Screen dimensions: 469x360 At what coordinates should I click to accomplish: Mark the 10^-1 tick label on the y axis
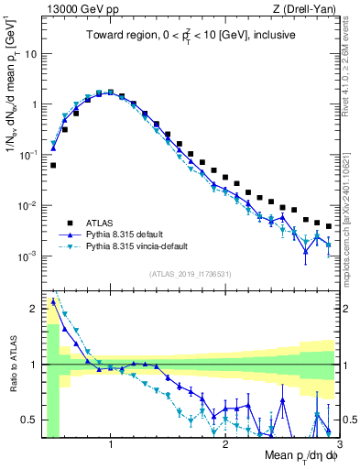point(28,155)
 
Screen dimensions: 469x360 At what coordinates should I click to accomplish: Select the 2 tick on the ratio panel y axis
point(34,309)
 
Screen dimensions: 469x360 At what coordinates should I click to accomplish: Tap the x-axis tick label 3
point(339,444)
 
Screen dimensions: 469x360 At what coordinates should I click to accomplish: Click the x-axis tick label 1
point(111,444)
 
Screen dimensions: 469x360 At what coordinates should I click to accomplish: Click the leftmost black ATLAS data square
point(53,166)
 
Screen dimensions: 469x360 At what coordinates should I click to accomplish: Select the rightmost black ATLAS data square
point(328,226)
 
